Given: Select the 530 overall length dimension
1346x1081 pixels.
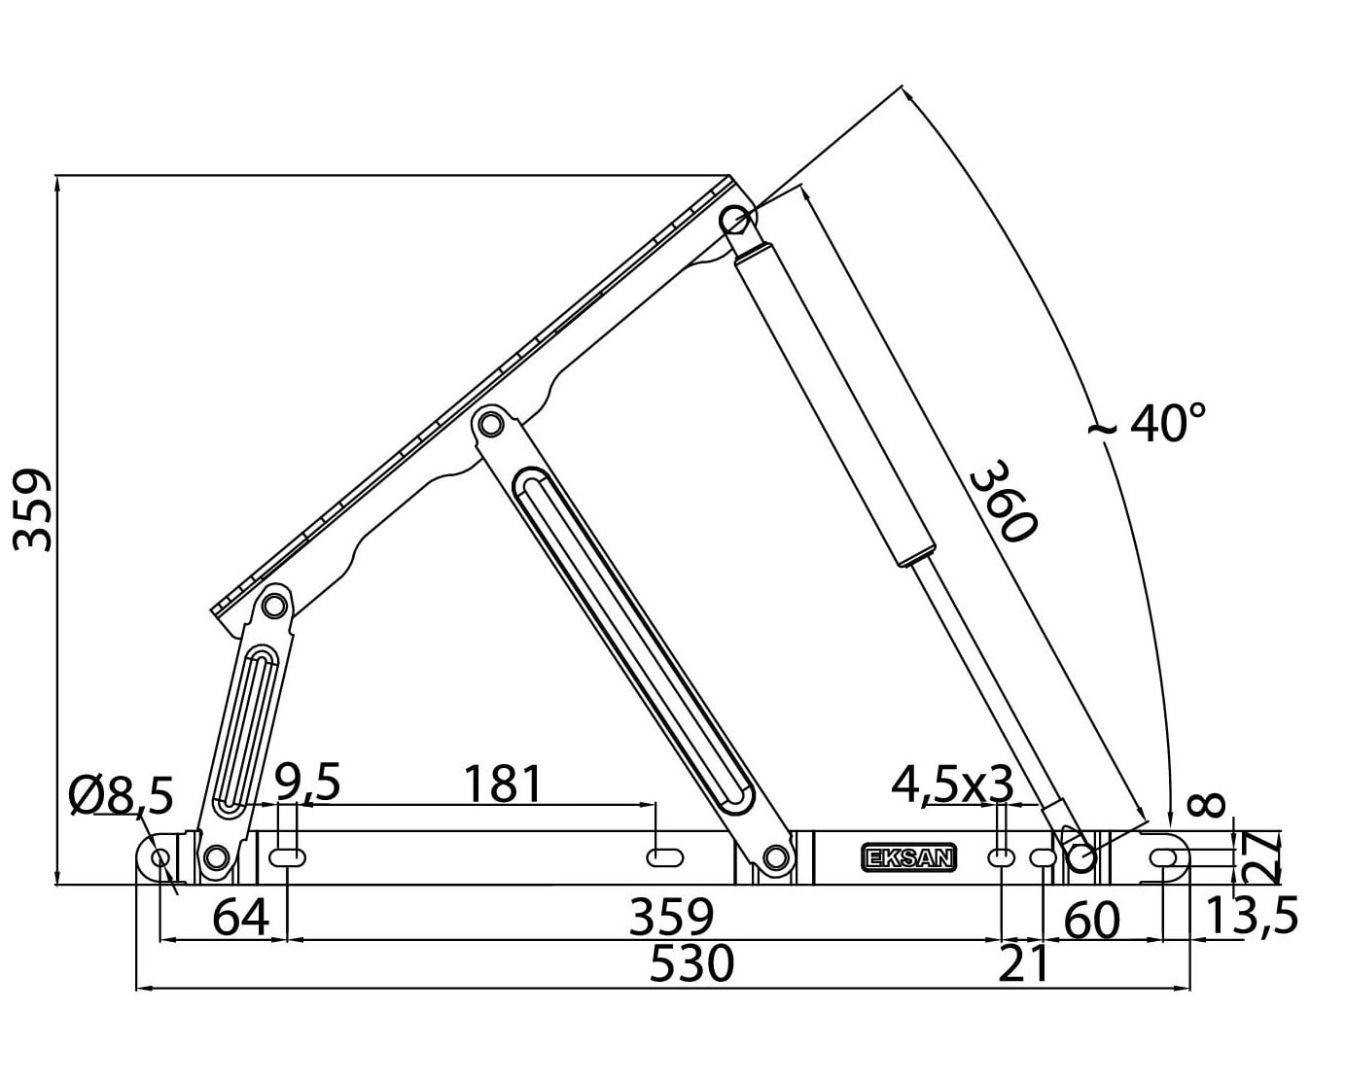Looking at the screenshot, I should click(691, 964).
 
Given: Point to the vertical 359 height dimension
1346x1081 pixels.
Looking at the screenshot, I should click(34, 510).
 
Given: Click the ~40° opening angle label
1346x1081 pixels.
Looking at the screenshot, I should click(1148, 423).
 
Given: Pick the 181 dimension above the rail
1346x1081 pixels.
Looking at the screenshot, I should click(502, 784).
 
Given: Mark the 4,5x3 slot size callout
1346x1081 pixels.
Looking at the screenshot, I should click(952, 784).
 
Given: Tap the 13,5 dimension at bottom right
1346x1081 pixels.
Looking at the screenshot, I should click(1251, 917).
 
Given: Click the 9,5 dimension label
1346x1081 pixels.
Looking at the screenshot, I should click(307, 783).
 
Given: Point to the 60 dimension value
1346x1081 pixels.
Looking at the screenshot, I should click(1092, 920).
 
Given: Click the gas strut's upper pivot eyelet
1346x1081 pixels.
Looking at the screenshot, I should click(736, 221).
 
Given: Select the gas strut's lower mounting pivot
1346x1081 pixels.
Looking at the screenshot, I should click(1080, 858).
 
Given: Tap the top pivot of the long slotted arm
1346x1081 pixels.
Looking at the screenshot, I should click(490, 424).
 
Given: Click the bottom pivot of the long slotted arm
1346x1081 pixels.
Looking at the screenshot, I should click(774, 857).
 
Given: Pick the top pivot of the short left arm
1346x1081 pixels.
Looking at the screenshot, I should click(275, 605).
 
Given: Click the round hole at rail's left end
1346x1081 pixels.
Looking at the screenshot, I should click(160, 858).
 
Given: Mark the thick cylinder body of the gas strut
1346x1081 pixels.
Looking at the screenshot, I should click(834, 403).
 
